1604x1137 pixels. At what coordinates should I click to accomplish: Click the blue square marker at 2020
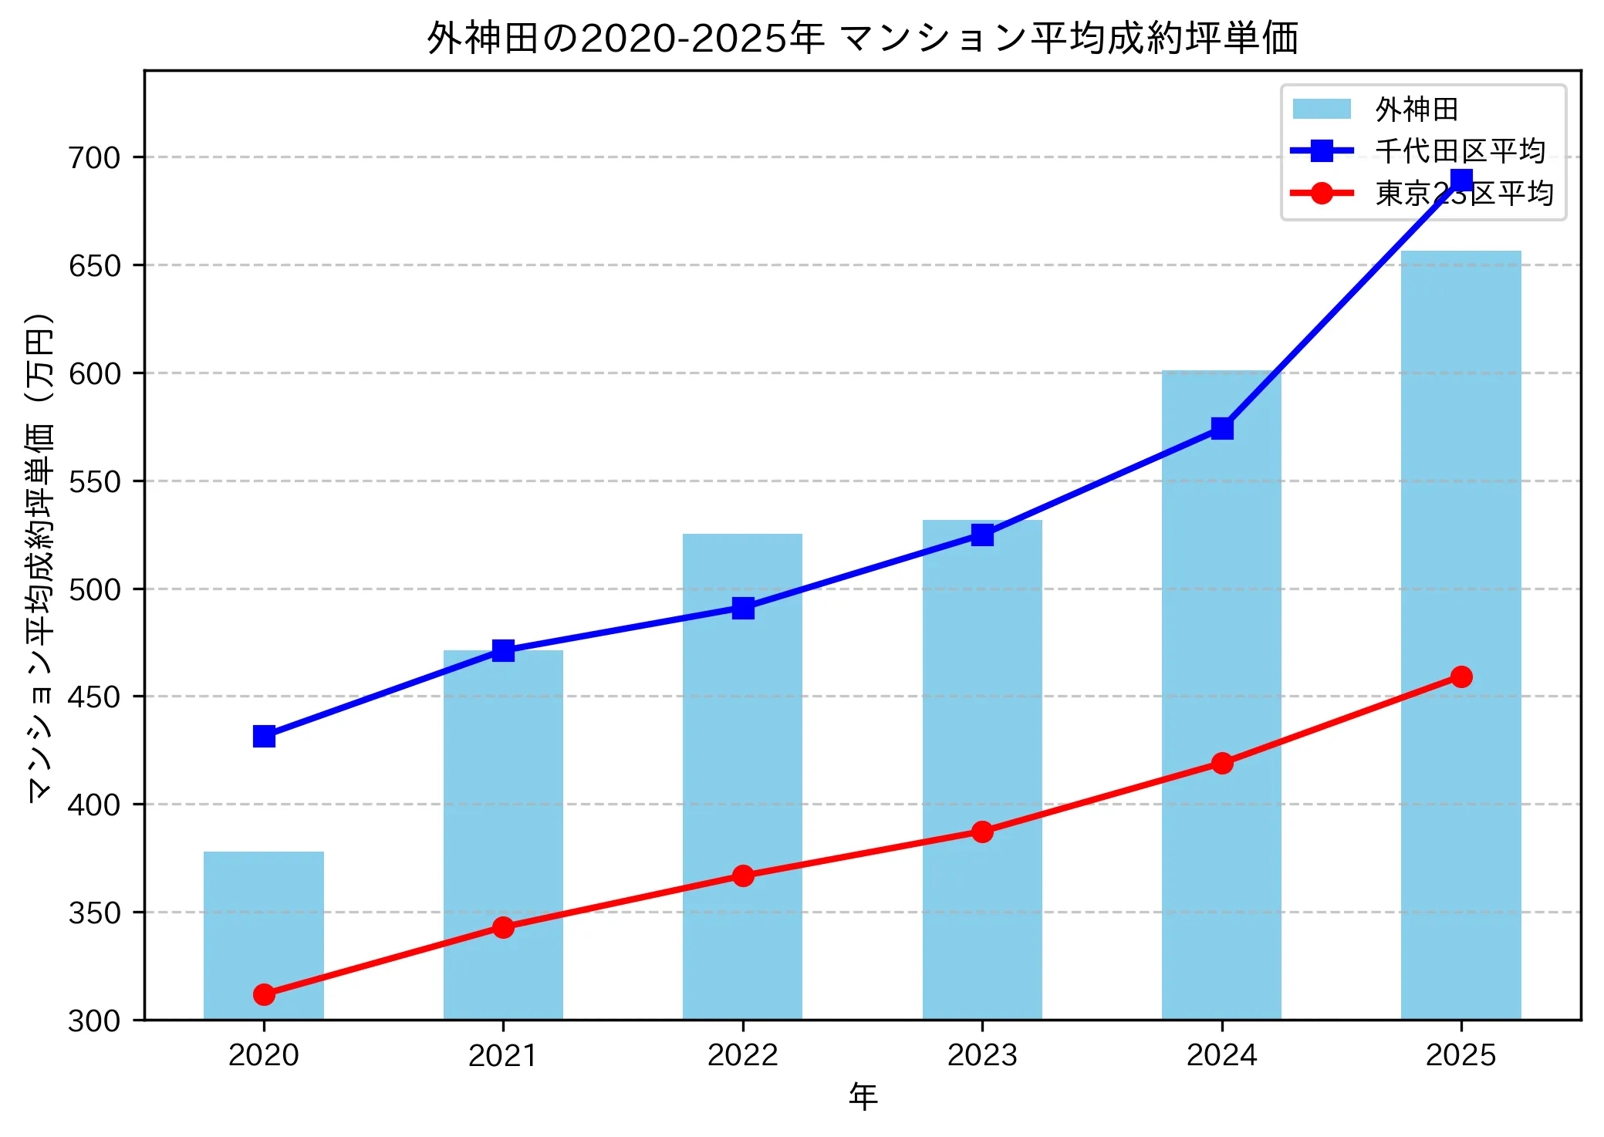click(264, 737)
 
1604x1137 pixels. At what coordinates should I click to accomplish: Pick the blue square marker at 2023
click(982, 535)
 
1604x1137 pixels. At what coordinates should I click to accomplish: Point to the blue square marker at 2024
click(1222, 428)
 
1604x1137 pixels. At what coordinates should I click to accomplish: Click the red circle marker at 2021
click(503, 927)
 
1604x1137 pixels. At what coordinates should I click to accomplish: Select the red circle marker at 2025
click(1461, 676)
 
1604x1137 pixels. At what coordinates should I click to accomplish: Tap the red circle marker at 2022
click(743, 876)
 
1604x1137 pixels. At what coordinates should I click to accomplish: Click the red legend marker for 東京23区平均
click(1322, 193)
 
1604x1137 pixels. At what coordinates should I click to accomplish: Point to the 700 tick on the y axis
click(95, 157)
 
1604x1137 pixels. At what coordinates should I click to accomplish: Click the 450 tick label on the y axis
click(95, 697)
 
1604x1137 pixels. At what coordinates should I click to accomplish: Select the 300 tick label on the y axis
click(95, 1021)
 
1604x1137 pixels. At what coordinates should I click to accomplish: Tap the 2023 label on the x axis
click(982, 1055)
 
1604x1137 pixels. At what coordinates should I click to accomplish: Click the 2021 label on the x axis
click(503, 1055)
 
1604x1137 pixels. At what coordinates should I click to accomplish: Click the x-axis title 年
click(863, 1097)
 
